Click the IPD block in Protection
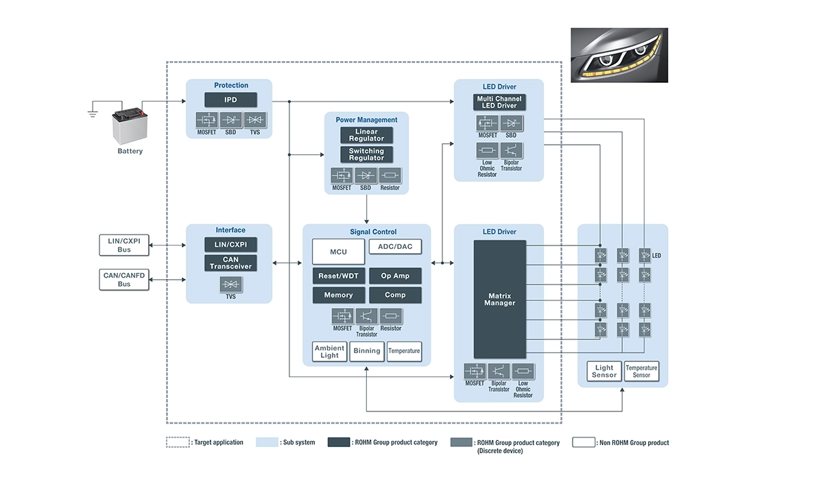(x=230, y=99)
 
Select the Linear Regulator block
(x=367, y=135)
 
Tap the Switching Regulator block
(x=367, y=154)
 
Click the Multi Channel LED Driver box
(x=499, y=102)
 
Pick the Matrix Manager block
(x=500, y=299)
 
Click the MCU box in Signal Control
(x=338, y=252)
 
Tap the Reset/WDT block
(x=338, y=276)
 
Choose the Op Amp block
(x=395, y=276)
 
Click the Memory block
(x=338, y=295)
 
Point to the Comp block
(x=395, y=295)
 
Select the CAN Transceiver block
(x=230, y=263)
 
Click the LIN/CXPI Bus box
(x=124, y=245)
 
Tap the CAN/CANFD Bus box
(x=124, y=280)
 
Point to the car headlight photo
(x=619, y=55)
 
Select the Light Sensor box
(x=604, y=371)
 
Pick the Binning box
(x=367, y=351)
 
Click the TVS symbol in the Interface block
(x=230, y=285)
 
